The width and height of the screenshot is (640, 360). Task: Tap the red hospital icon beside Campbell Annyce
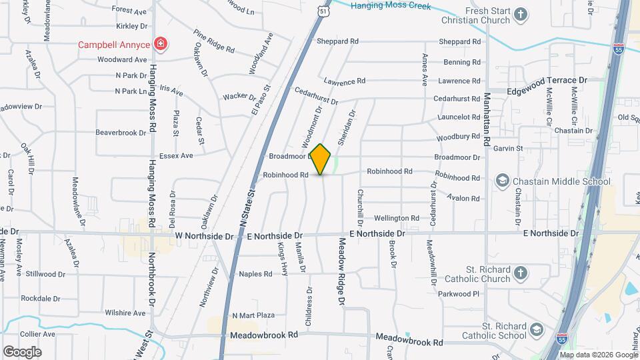point(160,45)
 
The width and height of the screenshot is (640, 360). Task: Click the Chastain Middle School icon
point(502,181)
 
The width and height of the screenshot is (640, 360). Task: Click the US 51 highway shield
point(323,11)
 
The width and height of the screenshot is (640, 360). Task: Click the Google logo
point(22,352)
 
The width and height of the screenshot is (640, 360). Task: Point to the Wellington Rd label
point(397,218)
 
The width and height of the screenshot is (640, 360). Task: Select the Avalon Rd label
point(465,199)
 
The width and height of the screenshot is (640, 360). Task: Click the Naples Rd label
point(256,274)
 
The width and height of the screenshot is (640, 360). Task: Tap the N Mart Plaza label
point(253,315)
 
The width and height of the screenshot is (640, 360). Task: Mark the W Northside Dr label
point(205,236)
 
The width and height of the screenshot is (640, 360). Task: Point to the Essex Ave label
point(176,155)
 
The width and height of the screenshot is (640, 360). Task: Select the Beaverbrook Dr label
point(121,133)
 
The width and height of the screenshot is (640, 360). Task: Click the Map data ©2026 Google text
point(597,354)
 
